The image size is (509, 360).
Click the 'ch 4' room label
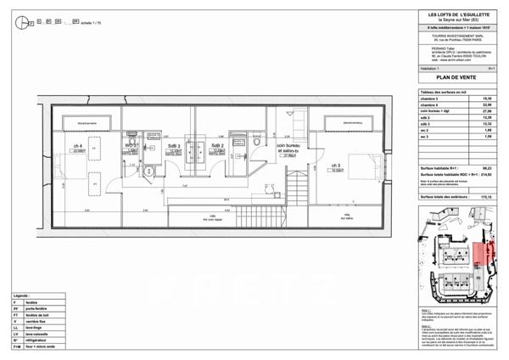pyautogui.click(x=77, y=145)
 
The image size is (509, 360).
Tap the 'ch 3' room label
pyautogui.click(x=336, y=165)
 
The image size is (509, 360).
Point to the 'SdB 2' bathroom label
pyautogui.click(x=217, y=145)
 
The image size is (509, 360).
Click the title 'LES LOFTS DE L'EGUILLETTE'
pyautogui.click(x=460, y=11)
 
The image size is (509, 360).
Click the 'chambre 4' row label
pyautogui.click(x=432, y=104)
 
